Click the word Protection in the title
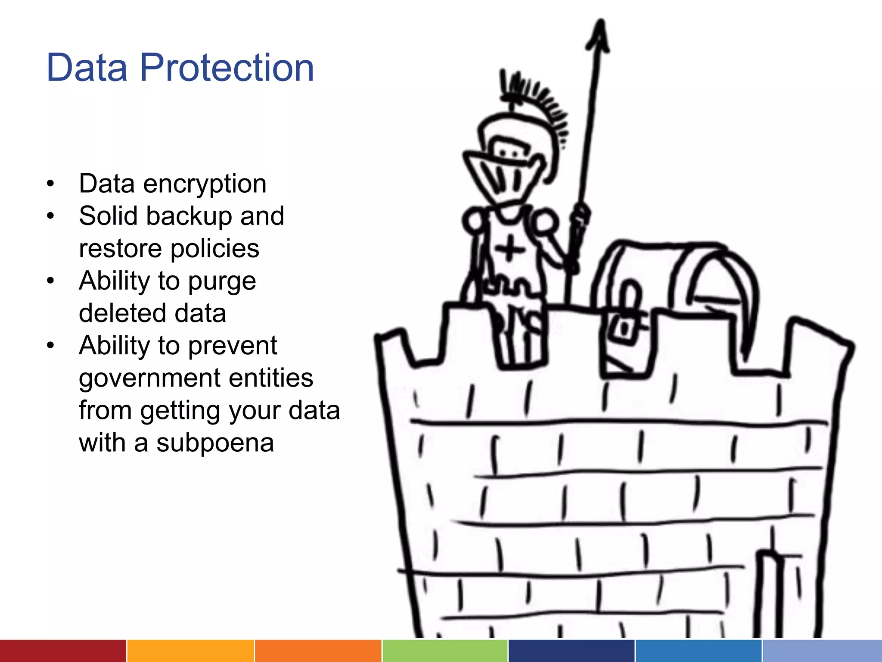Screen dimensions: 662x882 pos(227,68)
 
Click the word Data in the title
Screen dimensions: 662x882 pos(87,68)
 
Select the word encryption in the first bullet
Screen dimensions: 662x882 pos(205,184)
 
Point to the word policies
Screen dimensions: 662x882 pos(215,249)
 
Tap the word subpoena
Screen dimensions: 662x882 pos(215,443)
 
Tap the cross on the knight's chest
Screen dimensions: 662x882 pos(509,249)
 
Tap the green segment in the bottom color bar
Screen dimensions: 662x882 pos(445,651)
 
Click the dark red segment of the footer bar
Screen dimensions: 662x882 pos(63,651)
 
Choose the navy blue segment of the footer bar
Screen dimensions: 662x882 pos(571,651)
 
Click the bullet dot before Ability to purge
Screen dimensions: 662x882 pos(51,281)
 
